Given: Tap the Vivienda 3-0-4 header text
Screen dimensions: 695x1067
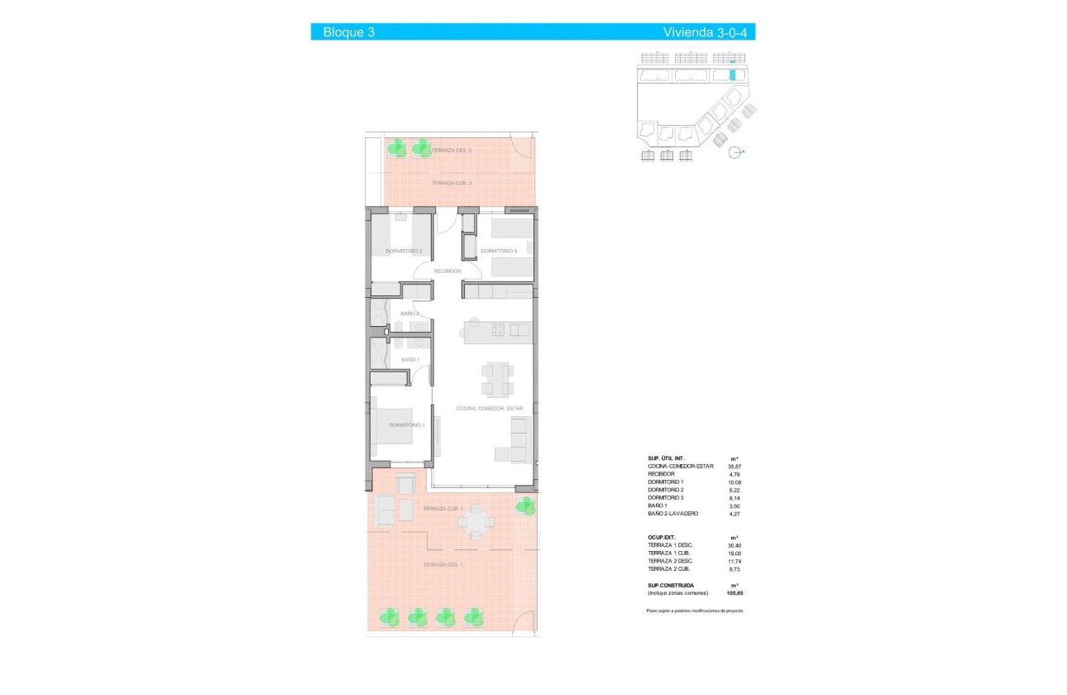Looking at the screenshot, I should coord(708,32).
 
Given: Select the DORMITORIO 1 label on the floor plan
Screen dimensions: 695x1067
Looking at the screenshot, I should coord(406,425).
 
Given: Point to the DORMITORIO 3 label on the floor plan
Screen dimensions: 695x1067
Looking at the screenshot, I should coord(499,252).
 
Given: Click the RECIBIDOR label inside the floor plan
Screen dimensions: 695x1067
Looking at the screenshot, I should coord(447,271).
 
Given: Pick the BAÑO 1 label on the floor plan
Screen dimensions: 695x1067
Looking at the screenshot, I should coord(410,360).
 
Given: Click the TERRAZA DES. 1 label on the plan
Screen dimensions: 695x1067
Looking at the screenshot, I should coord(443,564).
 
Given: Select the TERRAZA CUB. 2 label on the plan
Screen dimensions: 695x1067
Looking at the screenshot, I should coord(452,183).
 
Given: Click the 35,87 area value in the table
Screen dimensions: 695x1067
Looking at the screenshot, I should coord(734,467).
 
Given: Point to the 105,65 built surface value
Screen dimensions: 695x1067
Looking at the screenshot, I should coord(734,593).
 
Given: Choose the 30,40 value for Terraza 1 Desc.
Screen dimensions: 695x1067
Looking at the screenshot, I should coord(734,545).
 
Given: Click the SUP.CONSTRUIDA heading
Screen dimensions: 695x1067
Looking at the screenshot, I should coord(671,585).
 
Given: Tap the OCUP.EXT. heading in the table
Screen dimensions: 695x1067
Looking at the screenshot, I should coord(662,537).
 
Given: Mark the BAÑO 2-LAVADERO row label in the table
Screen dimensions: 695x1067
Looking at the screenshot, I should coord(672,514).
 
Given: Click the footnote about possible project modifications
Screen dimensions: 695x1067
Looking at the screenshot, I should coord(695,610).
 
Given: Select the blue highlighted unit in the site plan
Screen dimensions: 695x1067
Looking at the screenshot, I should coord(732,74).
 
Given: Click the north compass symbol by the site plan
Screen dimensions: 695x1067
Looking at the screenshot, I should coord(734,151).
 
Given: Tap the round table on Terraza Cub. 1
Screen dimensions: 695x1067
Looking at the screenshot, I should coord(476,521).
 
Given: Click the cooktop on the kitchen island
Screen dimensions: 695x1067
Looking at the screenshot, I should coord(499,330).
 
